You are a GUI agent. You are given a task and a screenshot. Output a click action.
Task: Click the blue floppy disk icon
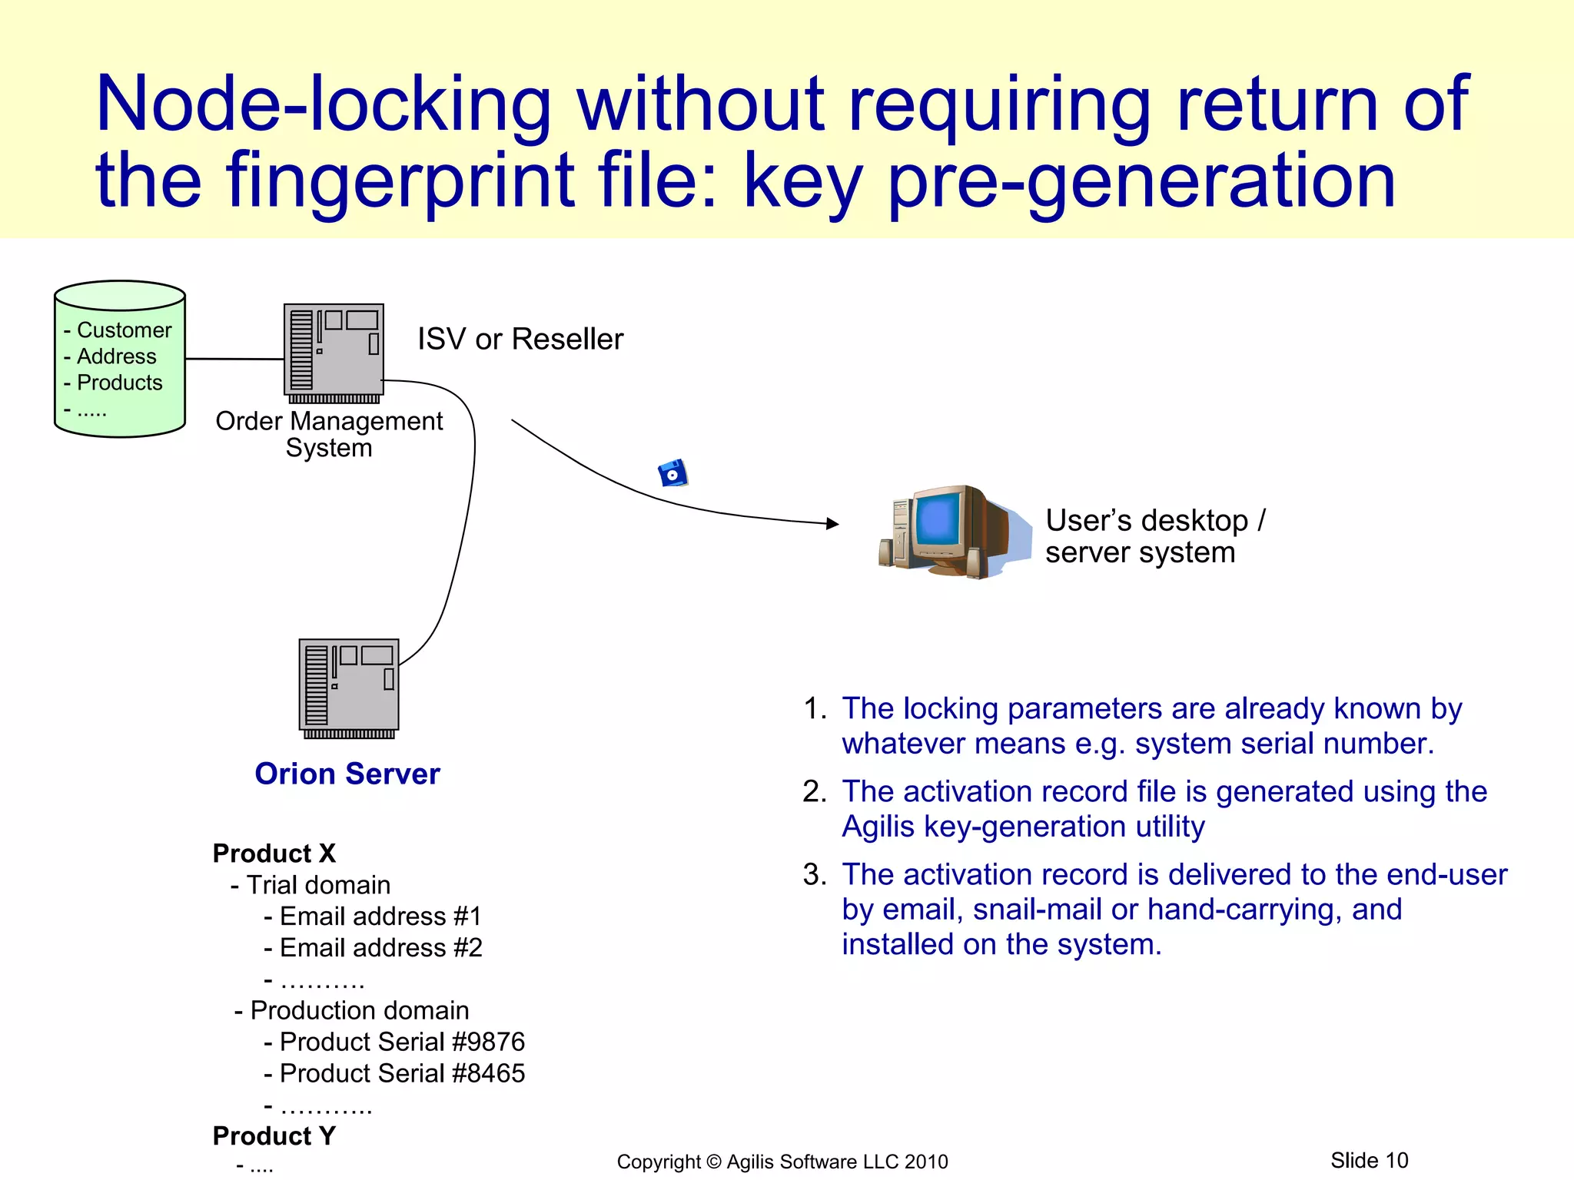(673, 474)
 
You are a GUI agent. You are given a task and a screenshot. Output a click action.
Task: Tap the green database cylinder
(120, 360)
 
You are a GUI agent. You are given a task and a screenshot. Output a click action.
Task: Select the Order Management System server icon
(334, 353)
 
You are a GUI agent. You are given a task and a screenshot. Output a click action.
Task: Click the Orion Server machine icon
(349, 688)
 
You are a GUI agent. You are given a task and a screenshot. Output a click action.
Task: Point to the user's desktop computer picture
(953, 532)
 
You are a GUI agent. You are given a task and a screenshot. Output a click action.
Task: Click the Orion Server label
(347, 774)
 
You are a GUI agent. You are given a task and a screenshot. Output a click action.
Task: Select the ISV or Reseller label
(520, 339)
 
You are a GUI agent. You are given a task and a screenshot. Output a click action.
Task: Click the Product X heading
(274, 854)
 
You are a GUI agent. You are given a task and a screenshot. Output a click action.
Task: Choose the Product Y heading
(274, 1136)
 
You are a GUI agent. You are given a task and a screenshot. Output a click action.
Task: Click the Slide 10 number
(1369, 1160)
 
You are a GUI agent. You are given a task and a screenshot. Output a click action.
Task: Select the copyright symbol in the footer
(714, 1162)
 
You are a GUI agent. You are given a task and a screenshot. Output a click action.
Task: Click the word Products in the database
(120, 383)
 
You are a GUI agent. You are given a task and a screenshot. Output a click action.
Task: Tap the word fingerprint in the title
(400, 181)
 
